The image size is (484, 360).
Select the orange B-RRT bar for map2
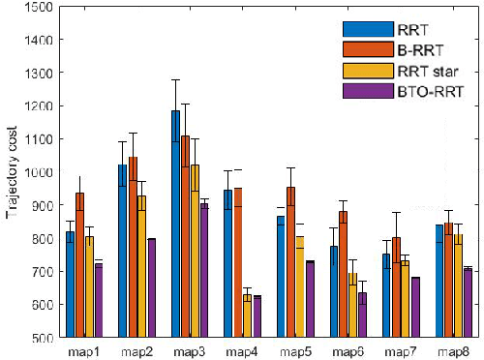coord(134,247)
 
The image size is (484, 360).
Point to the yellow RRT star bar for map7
coord(405,298)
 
